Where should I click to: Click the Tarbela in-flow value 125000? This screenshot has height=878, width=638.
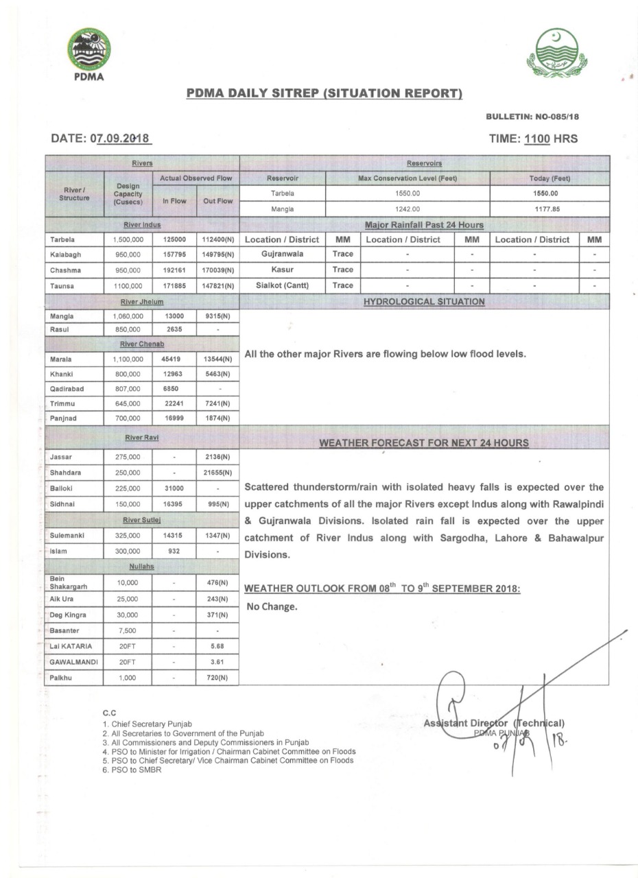174,239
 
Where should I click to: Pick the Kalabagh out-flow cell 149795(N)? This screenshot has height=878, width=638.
217,254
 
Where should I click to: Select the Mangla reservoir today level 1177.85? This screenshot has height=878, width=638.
549,209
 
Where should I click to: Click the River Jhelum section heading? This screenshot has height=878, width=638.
142,301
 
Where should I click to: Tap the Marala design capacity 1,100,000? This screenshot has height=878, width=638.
128,359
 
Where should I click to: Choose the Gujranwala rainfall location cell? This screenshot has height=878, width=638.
282,254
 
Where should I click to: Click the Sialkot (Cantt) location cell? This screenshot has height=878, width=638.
282,285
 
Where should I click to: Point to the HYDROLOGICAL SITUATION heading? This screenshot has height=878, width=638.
424,301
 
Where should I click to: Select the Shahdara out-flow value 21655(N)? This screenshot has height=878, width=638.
217,473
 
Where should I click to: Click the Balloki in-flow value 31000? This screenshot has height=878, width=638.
174,488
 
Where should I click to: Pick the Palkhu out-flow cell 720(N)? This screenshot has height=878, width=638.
217,678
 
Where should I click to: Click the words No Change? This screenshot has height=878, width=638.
272,606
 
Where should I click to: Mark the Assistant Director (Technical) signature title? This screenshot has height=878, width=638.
494,723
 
